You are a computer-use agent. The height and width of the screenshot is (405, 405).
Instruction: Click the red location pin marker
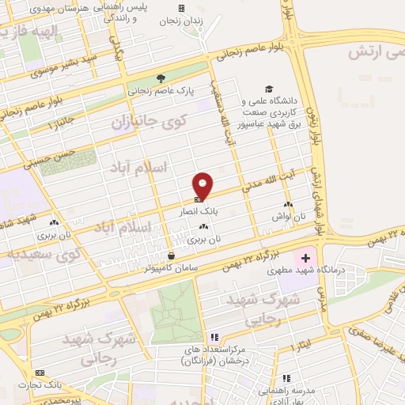(x=203, y=184)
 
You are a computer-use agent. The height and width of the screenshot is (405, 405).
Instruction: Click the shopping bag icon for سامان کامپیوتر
(x=172, y=255)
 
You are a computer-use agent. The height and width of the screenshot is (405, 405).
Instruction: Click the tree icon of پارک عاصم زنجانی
(x=161, y=78)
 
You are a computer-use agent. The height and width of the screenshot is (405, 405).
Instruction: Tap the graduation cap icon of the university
(x=269, y=89)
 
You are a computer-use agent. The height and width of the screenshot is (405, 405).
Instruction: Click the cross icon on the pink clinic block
(x=306, y=258)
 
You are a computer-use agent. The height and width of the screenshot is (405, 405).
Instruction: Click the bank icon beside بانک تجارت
(x=40, y=373)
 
